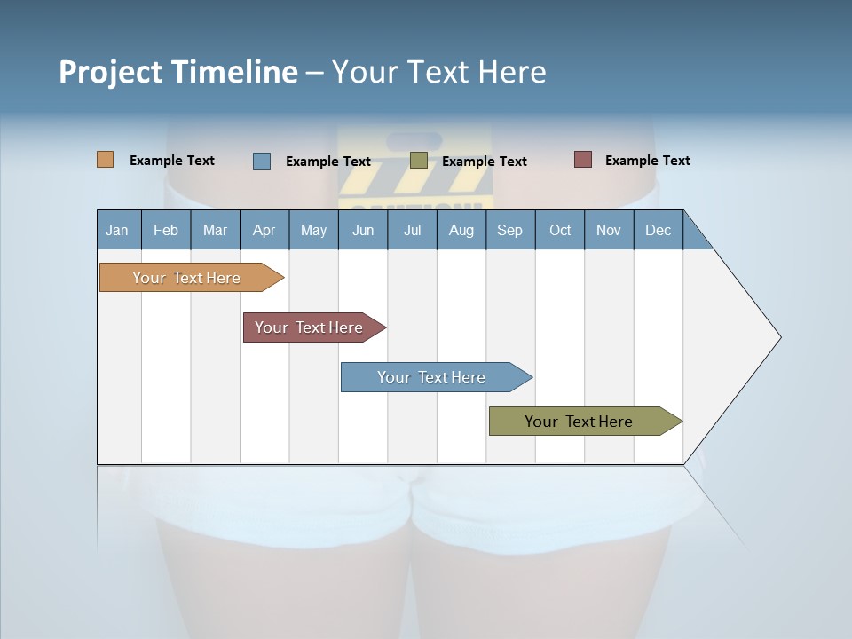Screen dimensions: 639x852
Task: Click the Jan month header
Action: click(118, 230)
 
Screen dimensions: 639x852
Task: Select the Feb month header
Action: click(166, 230)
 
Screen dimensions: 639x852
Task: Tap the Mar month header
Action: click(215, 230)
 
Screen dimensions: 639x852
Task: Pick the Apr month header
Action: click(264, 230)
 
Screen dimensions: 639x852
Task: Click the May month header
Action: click(313, 230)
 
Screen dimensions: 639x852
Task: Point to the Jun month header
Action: click(363, 230)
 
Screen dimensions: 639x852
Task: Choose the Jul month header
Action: click(412, 230)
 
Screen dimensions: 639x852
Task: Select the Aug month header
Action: click(461, 230)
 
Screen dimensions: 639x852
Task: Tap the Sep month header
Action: click(510, 230)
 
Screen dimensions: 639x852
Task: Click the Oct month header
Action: click(560, 230)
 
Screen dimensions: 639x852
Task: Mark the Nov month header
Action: click(609, 230)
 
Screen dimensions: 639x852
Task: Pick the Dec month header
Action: click(659, 230)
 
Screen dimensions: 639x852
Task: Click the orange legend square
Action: click(106, 160)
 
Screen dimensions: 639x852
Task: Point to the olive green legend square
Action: click(419, 161)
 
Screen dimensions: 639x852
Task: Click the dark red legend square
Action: click(583, 160)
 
